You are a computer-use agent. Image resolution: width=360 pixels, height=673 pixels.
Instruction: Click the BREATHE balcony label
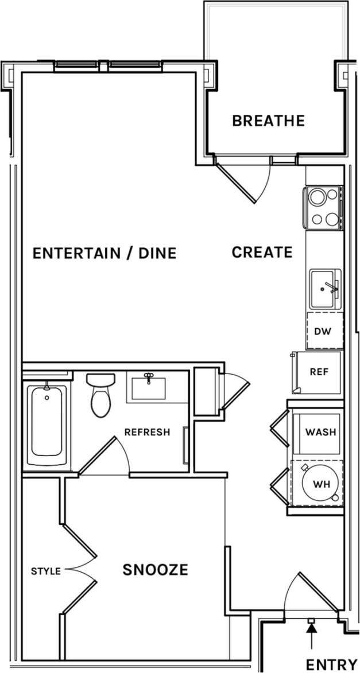tap(268, 121)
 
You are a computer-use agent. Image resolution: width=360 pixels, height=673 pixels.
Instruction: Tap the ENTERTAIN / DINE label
tap(104, 253)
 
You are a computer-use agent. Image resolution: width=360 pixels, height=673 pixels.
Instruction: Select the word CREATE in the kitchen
tap(262, 252)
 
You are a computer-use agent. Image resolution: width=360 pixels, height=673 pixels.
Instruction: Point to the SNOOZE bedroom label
tap(155, 570)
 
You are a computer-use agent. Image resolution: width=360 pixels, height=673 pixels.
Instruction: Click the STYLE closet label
tap(45, 571)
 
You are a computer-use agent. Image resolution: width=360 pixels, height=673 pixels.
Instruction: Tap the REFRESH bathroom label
tap(147, 432)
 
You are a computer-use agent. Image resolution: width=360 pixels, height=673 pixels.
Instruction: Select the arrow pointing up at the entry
tap(311, 634)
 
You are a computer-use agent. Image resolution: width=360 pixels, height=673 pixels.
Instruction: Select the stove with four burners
tap(323, 208)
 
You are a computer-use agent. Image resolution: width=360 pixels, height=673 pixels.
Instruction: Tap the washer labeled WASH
tap(320, 431)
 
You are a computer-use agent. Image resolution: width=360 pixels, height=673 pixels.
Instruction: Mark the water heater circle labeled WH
tap(320, 484)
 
